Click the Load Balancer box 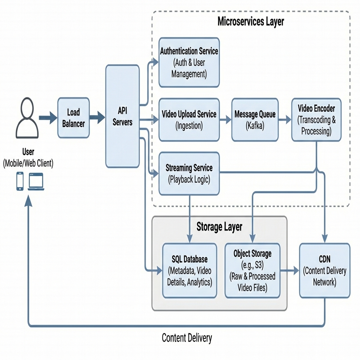[73, 118]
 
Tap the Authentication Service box [189, 63]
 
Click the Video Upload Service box [189, 120]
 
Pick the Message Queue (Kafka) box [255, 120]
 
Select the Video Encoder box [316, 120]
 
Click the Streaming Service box [189, 174]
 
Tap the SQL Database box [189, 270]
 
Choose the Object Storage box [252, 270]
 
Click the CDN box [324, 270]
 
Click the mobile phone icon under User [20, 181]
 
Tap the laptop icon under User [36, 181]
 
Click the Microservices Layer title [251, 21]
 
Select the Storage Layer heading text [219, 226]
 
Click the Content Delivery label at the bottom [187, 338]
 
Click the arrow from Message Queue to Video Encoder [285, 120]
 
